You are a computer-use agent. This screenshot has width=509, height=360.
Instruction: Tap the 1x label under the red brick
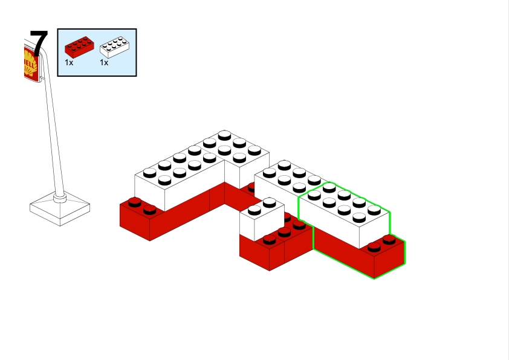pos(69,62)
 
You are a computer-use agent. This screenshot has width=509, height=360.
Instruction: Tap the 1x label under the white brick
pos(104,62)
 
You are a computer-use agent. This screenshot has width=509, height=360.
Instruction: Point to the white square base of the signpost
pos(59,209)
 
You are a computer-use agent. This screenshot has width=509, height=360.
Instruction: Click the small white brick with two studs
pos(261,220)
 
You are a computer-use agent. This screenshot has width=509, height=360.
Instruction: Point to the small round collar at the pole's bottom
pos(59,196)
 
